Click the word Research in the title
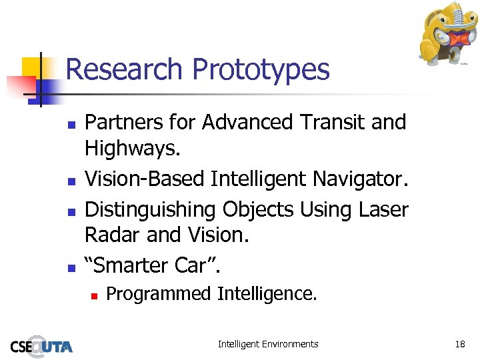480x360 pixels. click(x=124, y=69)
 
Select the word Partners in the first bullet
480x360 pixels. click(x=124, y=123)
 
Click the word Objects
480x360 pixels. click(x=259, y=210)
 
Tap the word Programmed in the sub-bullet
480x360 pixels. click(x=158, y=294)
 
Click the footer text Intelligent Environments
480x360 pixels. click(x=268, y=344)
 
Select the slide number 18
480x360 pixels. click(x=459, y=344)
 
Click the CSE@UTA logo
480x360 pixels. click(x=41, y=345)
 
